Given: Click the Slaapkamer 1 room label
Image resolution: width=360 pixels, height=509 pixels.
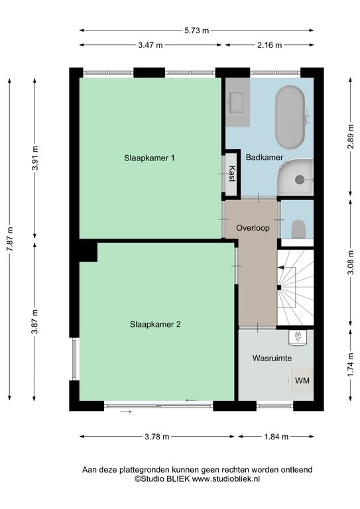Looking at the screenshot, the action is click(x=149, y=158).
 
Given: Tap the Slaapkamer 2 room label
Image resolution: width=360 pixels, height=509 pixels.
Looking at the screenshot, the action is click(x=155, y=324).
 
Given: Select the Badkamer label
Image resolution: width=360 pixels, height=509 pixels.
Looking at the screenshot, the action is click(x=265, y=158).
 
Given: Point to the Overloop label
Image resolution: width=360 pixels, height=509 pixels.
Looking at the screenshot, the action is click(x=253, y=228).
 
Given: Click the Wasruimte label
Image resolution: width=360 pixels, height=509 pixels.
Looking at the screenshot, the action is click(x=272, y=359).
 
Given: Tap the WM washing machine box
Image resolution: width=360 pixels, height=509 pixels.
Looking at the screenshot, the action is click(x=302, y=380).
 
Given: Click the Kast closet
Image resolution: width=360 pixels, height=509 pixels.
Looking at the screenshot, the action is click(x=231, y=174).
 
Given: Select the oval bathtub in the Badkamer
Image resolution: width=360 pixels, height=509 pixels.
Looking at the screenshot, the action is click(x=290, y=117).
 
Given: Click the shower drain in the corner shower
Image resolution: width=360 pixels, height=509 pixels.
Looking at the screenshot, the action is click(x=300, y=179).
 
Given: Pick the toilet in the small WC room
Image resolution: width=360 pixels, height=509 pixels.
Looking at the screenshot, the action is click(x=298, y=229).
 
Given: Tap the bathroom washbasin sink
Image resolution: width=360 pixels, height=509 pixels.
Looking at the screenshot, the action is click(x=237, y=102).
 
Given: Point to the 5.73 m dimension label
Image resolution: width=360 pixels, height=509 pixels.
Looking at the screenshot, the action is click(x=197, y=30).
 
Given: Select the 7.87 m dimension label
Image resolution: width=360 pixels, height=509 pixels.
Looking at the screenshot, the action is click(x=11, y=239).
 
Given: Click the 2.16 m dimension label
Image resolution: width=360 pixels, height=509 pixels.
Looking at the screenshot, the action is click(x=270, y=45).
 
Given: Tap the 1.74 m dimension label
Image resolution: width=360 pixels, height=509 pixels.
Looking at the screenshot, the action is click(x=350, y=365).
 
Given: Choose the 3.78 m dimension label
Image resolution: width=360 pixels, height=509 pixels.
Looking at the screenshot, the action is click(x=156, y=437).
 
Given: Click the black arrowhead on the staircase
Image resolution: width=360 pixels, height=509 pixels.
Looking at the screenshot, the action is click(x=281, y=268).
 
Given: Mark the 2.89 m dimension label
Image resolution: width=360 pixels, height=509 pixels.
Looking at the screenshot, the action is click(x=350, y=137).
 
